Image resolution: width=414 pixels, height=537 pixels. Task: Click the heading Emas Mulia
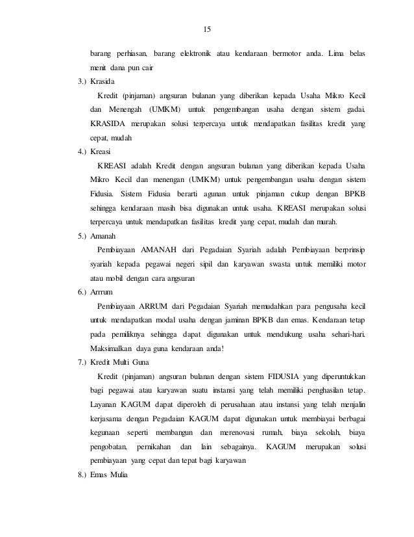click(110, 475)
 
